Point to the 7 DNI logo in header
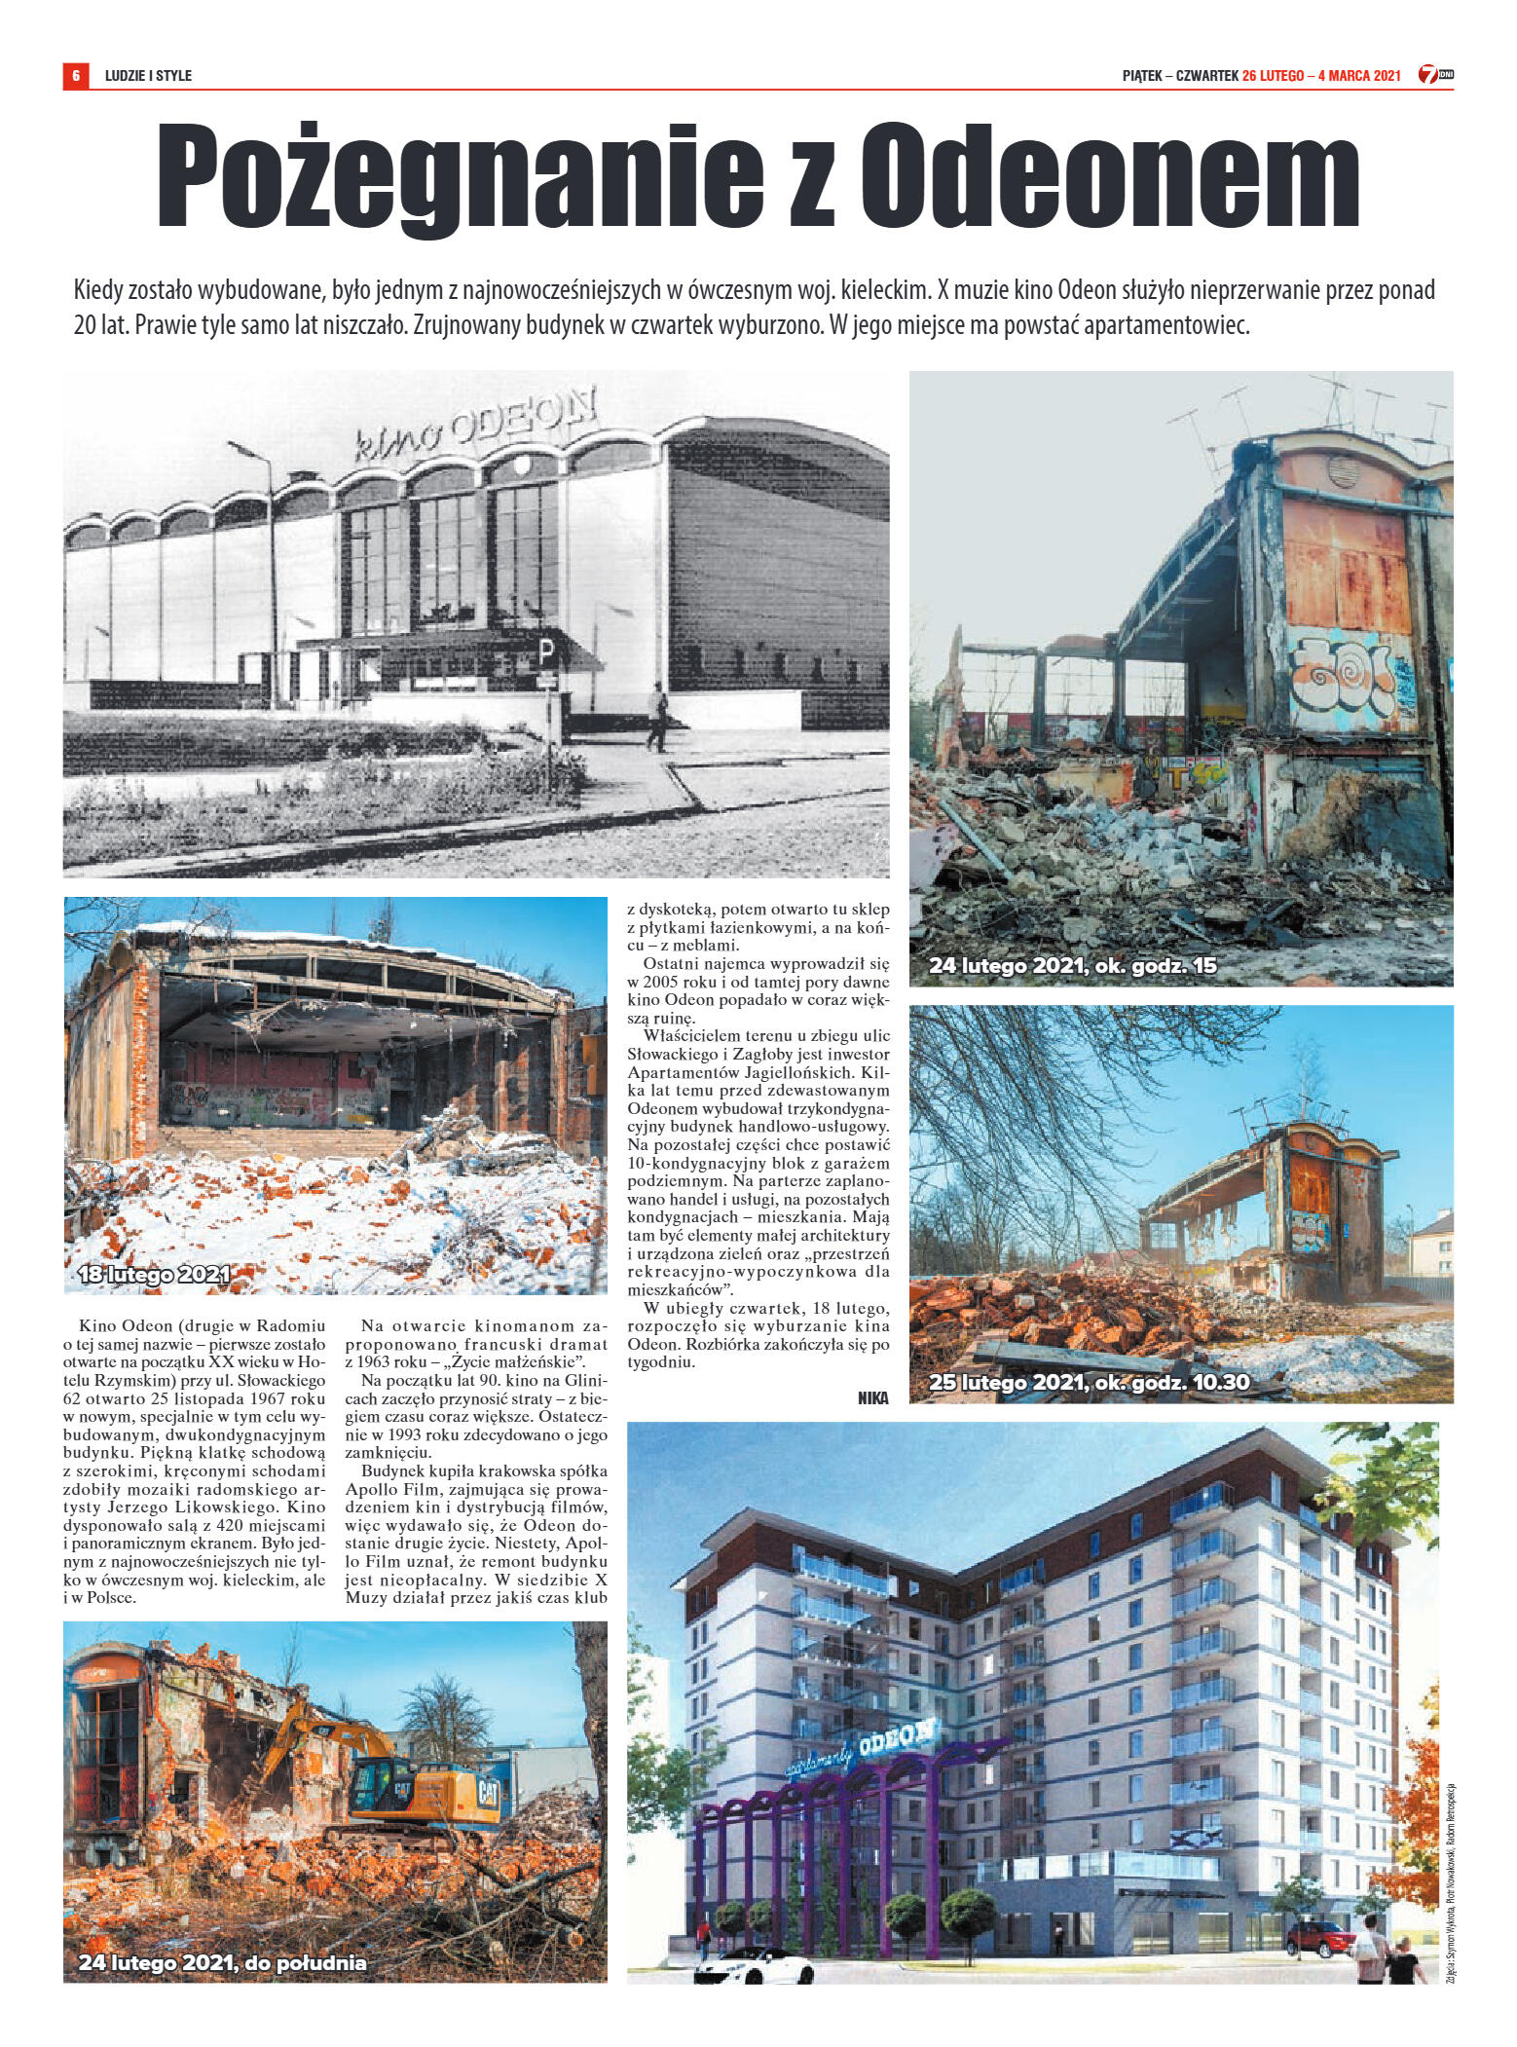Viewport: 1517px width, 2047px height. pos(1435,75)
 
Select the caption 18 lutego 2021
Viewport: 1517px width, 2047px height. pos(154,1275)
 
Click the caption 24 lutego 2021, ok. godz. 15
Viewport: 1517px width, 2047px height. pos(1072,967)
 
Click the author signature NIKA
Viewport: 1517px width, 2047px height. pos(873,1397)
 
